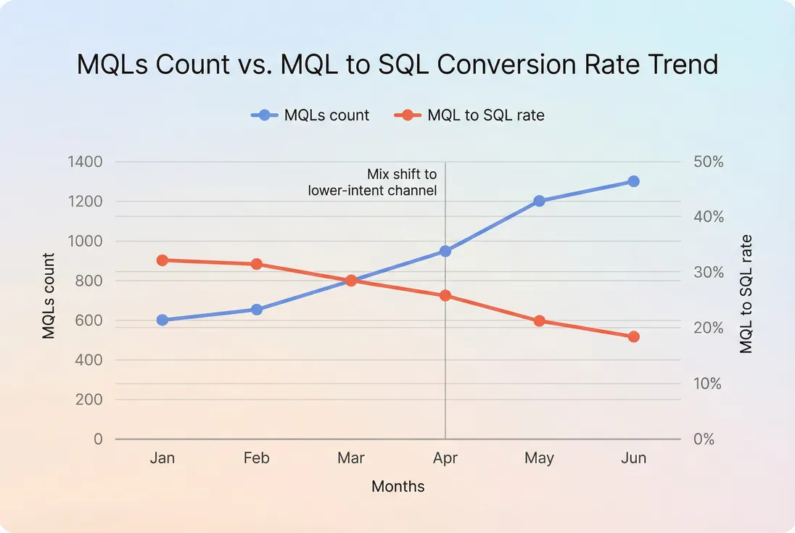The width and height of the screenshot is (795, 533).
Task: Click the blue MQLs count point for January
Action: click(162, 320)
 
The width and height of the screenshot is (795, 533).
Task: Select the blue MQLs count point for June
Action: click(633, 181)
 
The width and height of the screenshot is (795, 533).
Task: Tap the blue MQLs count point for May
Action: click(539, 201)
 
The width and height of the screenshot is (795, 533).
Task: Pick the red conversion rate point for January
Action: click(162, 260)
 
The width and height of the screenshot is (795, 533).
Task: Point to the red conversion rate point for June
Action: click(633, 336)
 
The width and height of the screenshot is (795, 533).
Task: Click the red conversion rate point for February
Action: click(257, 264)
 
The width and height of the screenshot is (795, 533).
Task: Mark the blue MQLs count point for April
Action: click(445, 251)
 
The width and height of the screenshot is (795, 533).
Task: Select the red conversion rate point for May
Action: click(539, 321)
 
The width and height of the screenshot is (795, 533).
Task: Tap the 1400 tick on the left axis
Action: click(85, 162)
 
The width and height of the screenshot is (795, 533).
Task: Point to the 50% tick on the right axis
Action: click(708, 162)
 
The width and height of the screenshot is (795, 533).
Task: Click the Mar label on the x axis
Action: click(351, 458)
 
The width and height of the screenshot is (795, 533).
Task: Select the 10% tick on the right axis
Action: click(708, 384)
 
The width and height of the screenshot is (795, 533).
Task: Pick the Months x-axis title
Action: click(397, 487)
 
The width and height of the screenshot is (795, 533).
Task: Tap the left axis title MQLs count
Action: click(49, 296)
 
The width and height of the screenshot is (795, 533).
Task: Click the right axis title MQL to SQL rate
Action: click(746, 294)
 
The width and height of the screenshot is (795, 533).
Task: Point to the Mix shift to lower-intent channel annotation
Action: click(373, 182)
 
